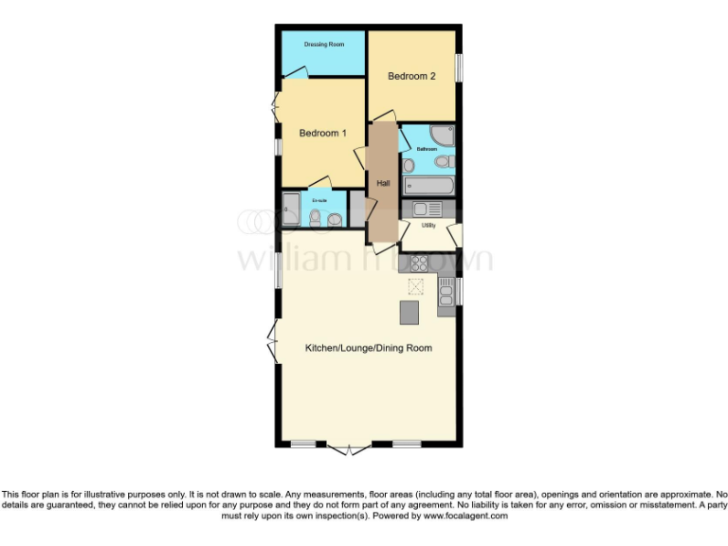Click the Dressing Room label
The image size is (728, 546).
(x=322, y=45)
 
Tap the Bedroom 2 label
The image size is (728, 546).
(x=411, y=76)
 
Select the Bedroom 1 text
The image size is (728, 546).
(x=323, y=134)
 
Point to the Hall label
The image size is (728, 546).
(x=384, y=183)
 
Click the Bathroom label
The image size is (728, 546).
(x=428, y=149)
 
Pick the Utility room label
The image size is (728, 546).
(x=428, y=225)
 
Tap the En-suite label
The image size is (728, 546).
(x=319, y=200)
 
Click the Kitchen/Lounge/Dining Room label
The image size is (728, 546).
(x=368, y=348)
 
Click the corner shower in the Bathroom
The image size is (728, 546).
(x=443, y=135)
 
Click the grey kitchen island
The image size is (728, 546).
(x=409, y=310)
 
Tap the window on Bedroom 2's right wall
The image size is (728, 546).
(x=458, y=68)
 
